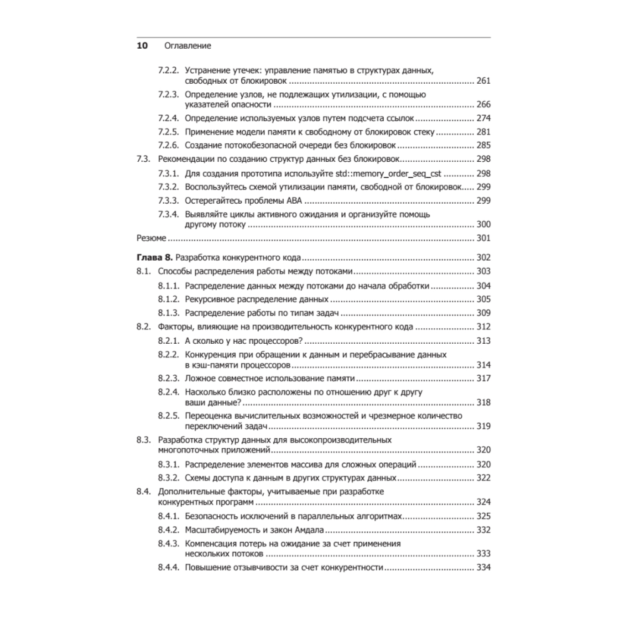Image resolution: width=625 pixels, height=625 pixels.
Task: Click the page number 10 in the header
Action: (142, 46)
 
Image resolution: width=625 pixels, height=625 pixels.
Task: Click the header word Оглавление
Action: (187, 46)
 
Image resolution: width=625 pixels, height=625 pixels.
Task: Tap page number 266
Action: (484, 104)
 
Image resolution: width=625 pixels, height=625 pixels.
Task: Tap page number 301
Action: (484, 238)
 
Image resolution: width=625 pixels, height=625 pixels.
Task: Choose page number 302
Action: (484, 257)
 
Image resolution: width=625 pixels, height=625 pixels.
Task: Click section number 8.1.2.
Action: (169, 299)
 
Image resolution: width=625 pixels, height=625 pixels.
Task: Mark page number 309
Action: (484, 312)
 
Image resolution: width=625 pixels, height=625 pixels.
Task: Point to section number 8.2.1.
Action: (169, 341)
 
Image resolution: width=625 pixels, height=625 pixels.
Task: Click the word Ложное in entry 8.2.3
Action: (201, 378)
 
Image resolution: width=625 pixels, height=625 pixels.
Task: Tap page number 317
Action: (484, 378)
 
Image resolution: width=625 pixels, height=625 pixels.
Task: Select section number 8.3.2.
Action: (169, 477)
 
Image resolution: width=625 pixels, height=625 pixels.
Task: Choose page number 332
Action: (484, 529)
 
